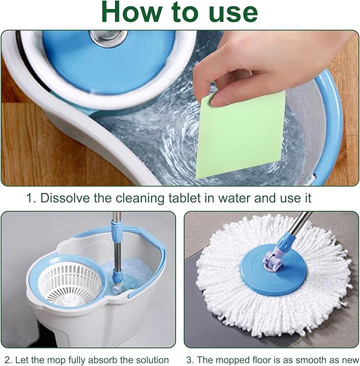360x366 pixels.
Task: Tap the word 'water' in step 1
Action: coord(234,198)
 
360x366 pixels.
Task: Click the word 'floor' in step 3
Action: coord(261,360)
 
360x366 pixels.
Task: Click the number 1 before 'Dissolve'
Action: coord(31,198)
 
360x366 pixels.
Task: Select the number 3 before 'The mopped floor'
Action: coord(190,360)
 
